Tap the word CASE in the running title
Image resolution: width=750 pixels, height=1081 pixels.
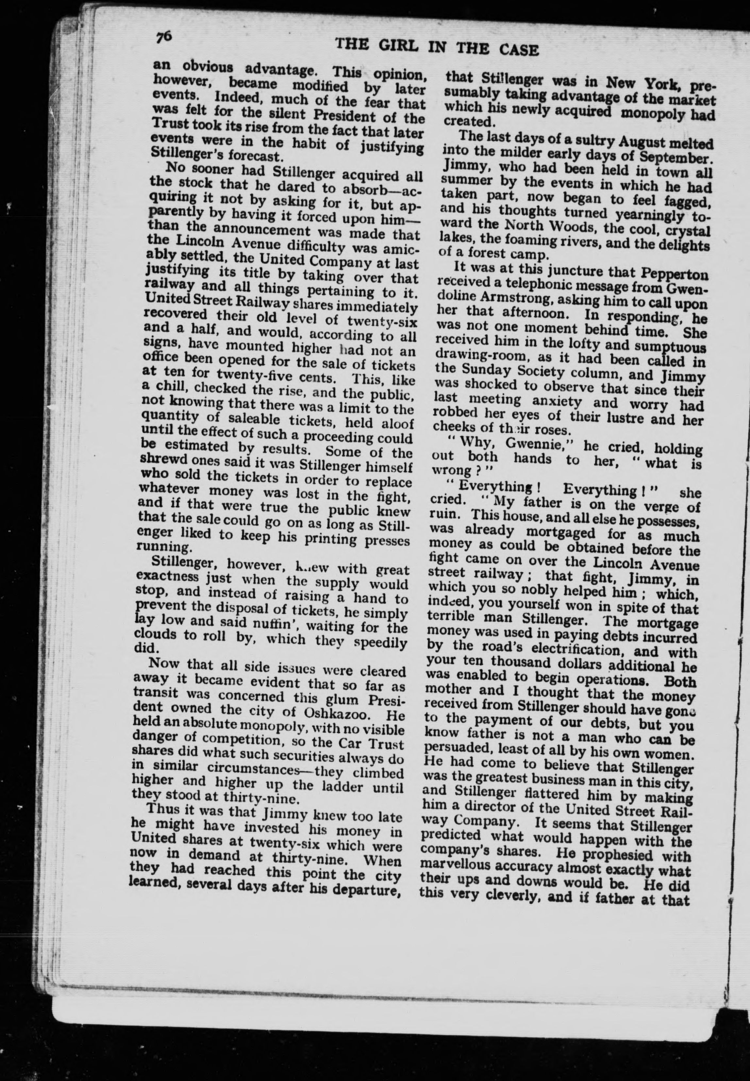(519, 49)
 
